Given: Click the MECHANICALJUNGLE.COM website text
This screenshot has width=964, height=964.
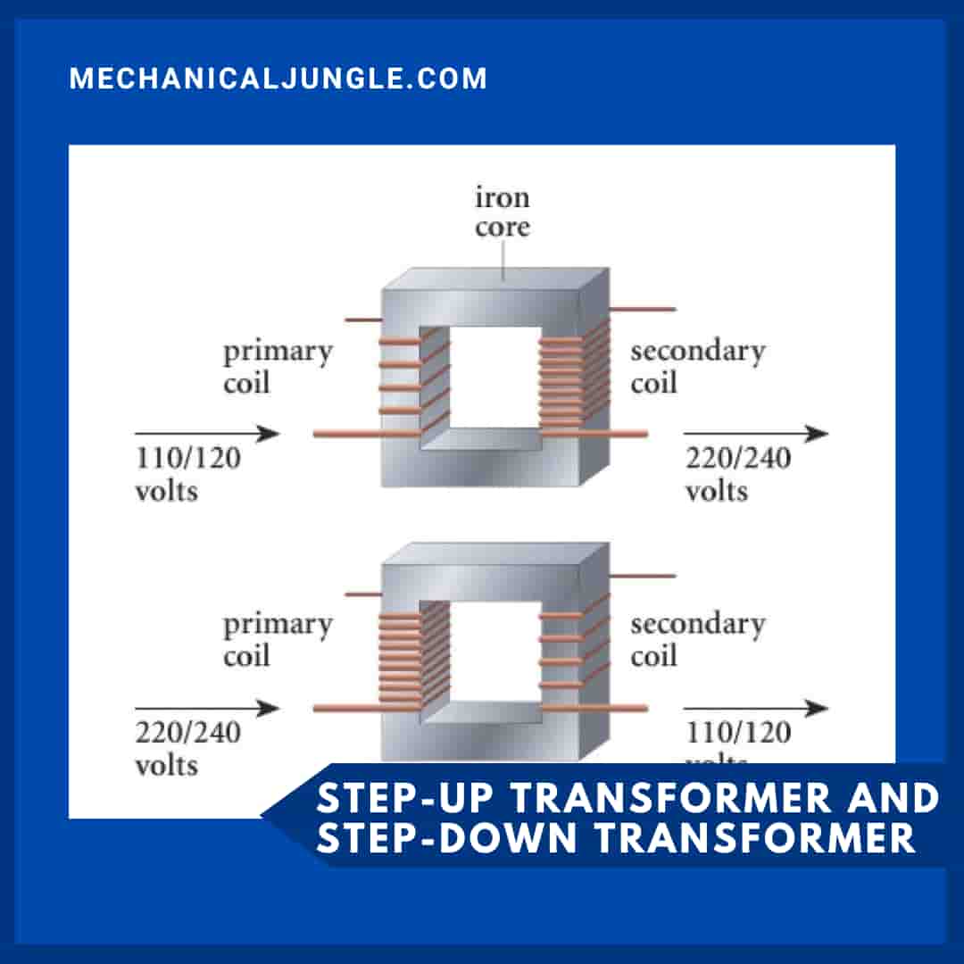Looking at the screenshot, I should point(278,79).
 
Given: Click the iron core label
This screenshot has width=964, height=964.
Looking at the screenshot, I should point(502,212).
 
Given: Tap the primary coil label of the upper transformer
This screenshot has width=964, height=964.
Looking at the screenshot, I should point(277,367).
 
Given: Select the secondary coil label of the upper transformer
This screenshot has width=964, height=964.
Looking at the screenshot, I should point(697,367).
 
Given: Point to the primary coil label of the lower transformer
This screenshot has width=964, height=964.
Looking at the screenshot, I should point(277,640).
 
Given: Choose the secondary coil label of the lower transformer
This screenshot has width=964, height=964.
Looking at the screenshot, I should point(697,640).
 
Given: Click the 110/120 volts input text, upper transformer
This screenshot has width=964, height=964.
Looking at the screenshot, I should point(187,474).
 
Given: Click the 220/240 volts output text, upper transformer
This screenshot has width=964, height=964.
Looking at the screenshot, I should point(737,474).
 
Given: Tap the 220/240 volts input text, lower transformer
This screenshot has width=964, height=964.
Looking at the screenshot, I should point(187,748).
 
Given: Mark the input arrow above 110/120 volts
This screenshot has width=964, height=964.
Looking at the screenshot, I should point(207,435).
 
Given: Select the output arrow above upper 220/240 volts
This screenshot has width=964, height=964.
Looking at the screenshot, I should point(756,435).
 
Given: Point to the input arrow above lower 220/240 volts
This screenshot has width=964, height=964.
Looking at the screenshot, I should point(207,709).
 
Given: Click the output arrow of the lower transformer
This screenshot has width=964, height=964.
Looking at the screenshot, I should point(756,709).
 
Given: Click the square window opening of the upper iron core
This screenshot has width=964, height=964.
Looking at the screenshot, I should point(491,375).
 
